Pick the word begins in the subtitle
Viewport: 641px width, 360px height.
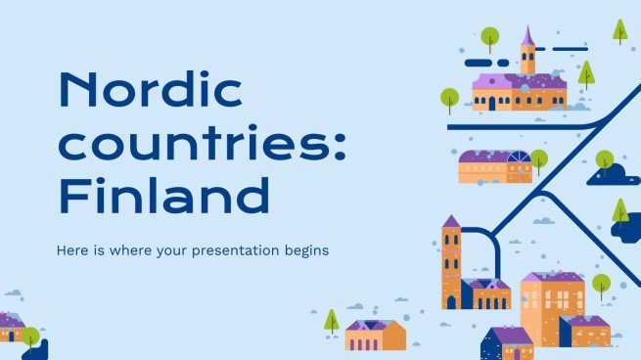(304, 250)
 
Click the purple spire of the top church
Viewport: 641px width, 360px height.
(527, 37)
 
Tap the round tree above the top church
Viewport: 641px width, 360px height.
(489, 37)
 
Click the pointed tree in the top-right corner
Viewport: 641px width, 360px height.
(619, 29)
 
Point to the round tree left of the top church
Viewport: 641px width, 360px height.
(449, 97)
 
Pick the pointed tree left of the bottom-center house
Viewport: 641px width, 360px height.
(332, 319)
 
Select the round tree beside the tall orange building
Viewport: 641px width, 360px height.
(601, 284)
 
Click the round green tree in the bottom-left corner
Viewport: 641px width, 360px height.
(31, 335)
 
